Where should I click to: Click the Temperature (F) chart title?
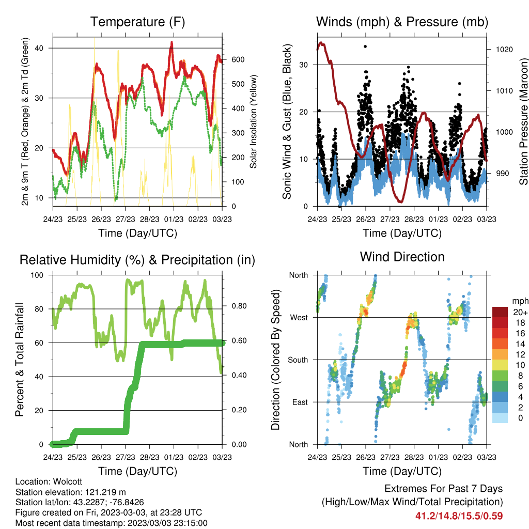click(137, 22)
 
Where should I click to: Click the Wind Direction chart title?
click(402, 257)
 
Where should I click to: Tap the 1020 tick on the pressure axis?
click(504, 50)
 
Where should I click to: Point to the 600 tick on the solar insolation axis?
click(238, 60)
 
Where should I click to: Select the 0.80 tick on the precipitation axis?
click(239, 306)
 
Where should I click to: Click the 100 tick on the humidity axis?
click(37, 275)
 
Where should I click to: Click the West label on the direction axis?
click(299, 318)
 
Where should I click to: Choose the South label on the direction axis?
click(298, 360)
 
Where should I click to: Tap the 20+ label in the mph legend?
click(520, 312)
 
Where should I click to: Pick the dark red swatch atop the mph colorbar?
click(500, 312)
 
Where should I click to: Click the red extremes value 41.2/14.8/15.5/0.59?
click(459, 516)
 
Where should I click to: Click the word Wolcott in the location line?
click(68, 481)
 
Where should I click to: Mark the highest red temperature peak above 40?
click(172, 43)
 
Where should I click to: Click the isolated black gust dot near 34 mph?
click(365, 46)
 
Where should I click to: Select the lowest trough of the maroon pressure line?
click(401, 202)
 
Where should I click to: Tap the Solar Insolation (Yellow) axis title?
click(253, 121)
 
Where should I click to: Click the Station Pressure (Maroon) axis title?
click(524, 121)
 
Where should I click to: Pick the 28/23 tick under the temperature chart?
click(149, 219)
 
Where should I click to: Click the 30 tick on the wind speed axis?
click(304, 65)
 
